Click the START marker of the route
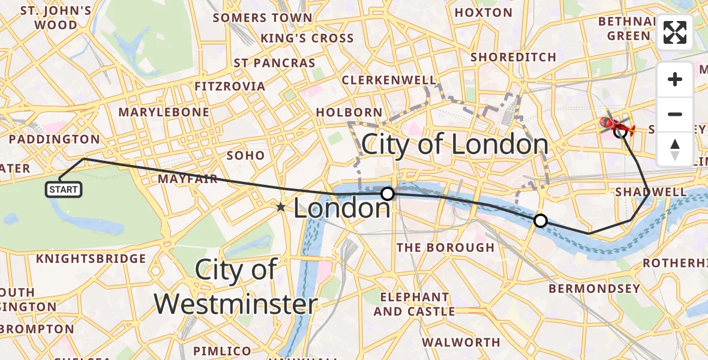click(x=64, y=190)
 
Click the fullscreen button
click(x=675, y=32)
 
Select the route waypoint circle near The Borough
click(x=541, y=221)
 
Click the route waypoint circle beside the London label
click(x=388, y=194)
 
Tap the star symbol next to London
click(x=281, y=208)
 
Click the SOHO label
click(x=245, y=155)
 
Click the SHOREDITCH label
click(x=513, y=57)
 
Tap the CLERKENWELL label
click(x=389, y=80)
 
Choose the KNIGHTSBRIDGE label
click(x=91, y=259)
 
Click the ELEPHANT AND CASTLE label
click(x=414, y=304)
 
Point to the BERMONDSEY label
click(x=591, y=289)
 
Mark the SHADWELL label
click(x=651, y=192)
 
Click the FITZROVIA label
click(x=230, y=86)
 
